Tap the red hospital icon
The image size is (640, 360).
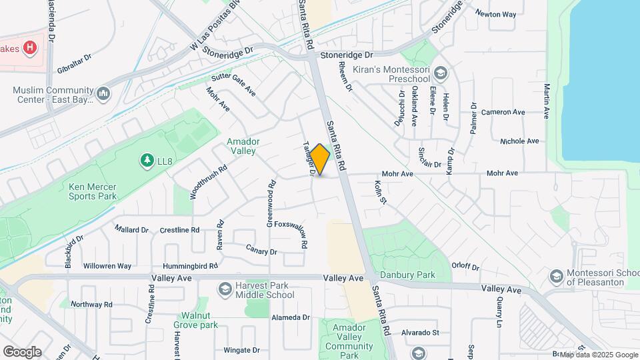tap(29, 47)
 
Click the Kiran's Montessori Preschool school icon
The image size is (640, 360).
tap(439, 72)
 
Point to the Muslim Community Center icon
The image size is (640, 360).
tap(103, 95)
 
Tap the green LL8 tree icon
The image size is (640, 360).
tap(146, 160)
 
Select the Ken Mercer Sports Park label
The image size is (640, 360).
tap(93, 191)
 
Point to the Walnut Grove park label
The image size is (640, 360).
tap(195, 320)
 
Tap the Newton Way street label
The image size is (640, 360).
tap(495, 13)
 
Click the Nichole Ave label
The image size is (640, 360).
tap(519, 141)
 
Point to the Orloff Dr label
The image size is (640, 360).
tap(466, 265)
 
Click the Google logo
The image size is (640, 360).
tap(22, 351)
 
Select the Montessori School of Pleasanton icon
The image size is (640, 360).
tap(556, 275)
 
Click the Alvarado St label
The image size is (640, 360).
tap(420, 332)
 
